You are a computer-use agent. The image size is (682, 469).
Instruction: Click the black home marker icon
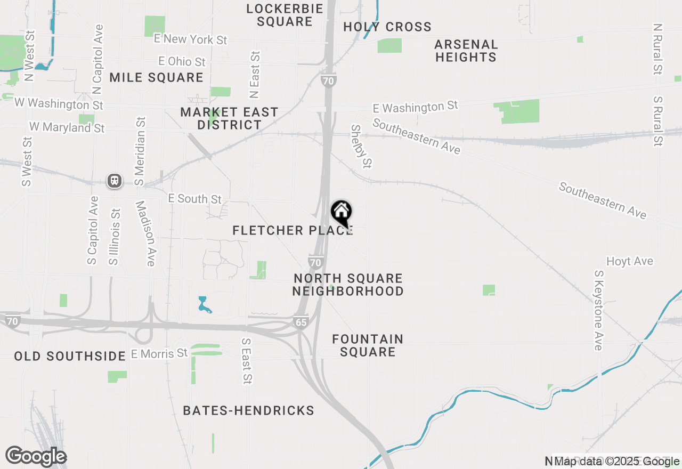point(341,213)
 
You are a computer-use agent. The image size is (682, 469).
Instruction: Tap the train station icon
point(115,181)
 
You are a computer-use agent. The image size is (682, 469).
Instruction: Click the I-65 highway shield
point(301,322)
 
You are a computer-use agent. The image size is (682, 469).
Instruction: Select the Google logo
point(36,457)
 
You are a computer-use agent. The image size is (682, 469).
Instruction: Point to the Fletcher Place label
point(293,230)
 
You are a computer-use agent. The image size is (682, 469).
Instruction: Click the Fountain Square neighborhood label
point(368,345)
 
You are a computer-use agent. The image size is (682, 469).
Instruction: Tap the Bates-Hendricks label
point(248,410)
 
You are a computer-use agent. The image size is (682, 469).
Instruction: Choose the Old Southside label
point(70,356)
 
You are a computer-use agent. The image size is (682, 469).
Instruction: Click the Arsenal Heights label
point(466,51)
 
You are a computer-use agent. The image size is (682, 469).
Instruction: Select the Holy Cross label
point(387,27)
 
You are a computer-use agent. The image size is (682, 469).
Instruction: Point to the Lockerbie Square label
point(285,15)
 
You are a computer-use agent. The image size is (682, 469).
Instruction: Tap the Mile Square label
point(157,77)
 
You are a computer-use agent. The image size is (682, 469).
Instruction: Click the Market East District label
point(229,118)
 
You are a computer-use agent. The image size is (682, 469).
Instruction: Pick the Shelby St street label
point(361,145)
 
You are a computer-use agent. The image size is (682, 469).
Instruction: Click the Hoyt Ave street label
point(630,261)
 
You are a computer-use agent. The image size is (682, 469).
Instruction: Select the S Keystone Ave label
point(598,310)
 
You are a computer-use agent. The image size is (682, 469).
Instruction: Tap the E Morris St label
point(159,353)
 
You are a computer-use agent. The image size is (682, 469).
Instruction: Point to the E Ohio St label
point(182,62)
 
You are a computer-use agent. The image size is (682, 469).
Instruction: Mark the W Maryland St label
point(67,127)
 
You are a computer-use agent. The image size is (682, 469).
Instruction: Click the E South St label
point(194,198)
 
